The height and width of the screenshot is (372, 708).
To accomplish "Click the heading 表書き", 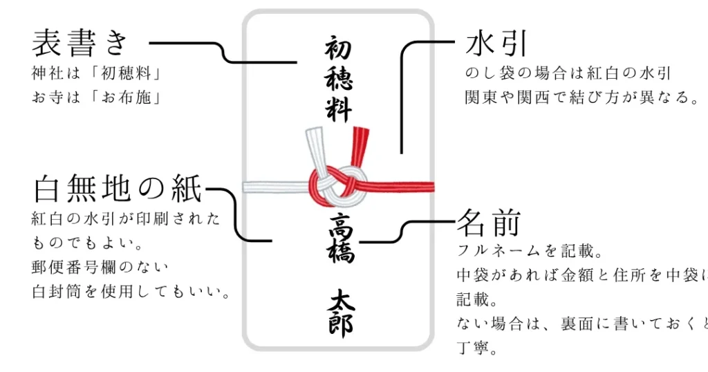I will pos(81,43).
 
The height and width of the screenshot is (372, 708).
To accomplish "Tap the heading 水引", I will pos(496,43).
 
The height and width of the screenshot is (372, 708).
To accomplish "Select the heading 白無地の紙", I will pos(118,188).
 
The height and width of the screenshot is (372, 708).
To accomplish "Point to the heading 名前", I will pos(487,223).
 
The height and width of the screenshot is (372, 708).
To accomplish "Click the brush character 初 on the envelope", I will pos(339,50).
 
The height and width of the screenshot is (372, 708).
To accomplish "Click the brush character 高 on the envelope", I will pos(339,223).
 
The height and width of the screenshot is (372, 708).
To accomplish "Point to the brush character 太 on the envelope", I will pos(339,299).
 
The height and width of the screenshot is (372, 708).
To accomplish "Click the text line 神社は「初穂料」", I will pos(96,73).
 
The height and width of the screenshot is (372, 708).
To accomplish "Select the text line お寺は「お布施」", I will pos(96,97).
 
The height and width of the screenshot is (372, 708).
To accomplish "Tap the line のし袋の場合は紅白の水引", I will pos(568,73).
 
